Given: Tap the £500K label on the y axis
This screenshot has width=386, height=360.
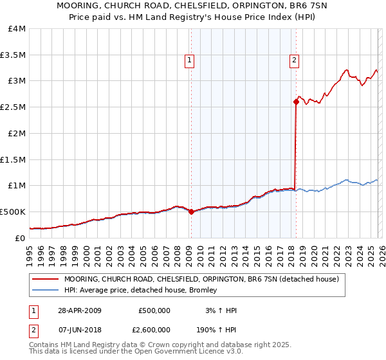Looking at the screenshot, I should (x=13, y=211).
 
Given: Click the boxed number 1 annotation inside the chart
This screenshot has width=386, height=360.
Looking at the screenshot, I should (x=190, y=61).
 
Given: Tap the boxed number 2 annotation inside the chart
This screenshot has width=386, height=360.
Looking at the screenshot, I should (x=294, y=61).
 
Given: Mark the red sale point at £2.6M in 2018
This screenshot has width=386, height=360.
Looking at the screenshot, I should (x=296, y=102).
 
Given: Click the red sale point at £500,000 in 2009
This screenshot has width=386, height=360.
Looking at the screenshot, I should (x=191, y=212).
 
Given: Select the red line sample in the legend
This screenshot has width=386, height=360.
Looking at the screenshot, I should (x=45, y=279).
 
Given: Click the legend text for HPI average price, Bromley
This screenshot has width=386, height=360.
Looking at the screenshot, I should (x=140, y=290).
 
